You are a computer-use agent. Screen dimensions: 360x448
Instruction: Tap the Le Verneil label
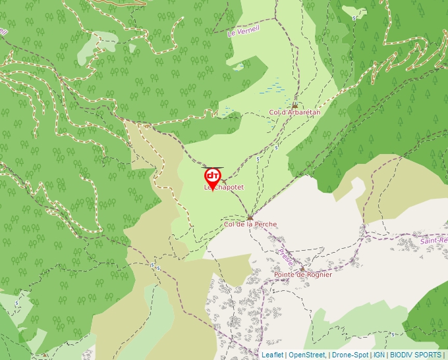tap(244, 30)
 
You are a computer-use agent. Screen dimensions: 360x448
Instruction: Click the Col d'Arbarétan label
tap(294, 113)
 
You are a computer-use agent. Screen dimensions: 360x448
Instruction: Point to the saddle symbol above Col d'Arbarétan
tap(294, 105)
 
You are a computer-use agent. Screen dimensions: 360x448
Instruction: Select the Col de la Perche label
tap(250, 224)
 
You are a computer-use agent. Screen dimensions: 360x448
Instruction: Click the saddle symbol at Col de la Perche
tap(250, 217)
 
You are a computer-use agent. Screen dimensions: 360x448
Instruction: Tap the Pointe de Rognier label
tap(303, 274)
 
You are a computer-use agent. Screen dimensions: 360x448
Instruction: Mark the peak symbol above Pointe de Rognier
tap(302, 269)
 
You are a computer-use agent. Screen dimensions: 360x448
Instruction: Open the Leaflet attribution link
tap(272, 355)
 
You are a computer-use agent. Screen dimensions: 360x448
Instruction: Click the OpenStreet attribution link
tap(307, 355)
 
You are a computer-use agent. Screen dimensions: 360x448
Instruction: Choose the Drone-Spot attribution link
tap(350, 355)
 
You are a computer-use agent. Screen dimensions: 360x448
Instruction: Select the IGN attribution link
tap(379, 355)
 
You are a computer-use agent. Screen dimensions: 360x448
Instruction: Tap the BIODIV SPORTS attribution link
tap(415, 355)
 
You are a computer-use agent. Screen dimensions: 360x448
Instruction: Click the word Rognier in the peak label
tap(318, 274)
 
